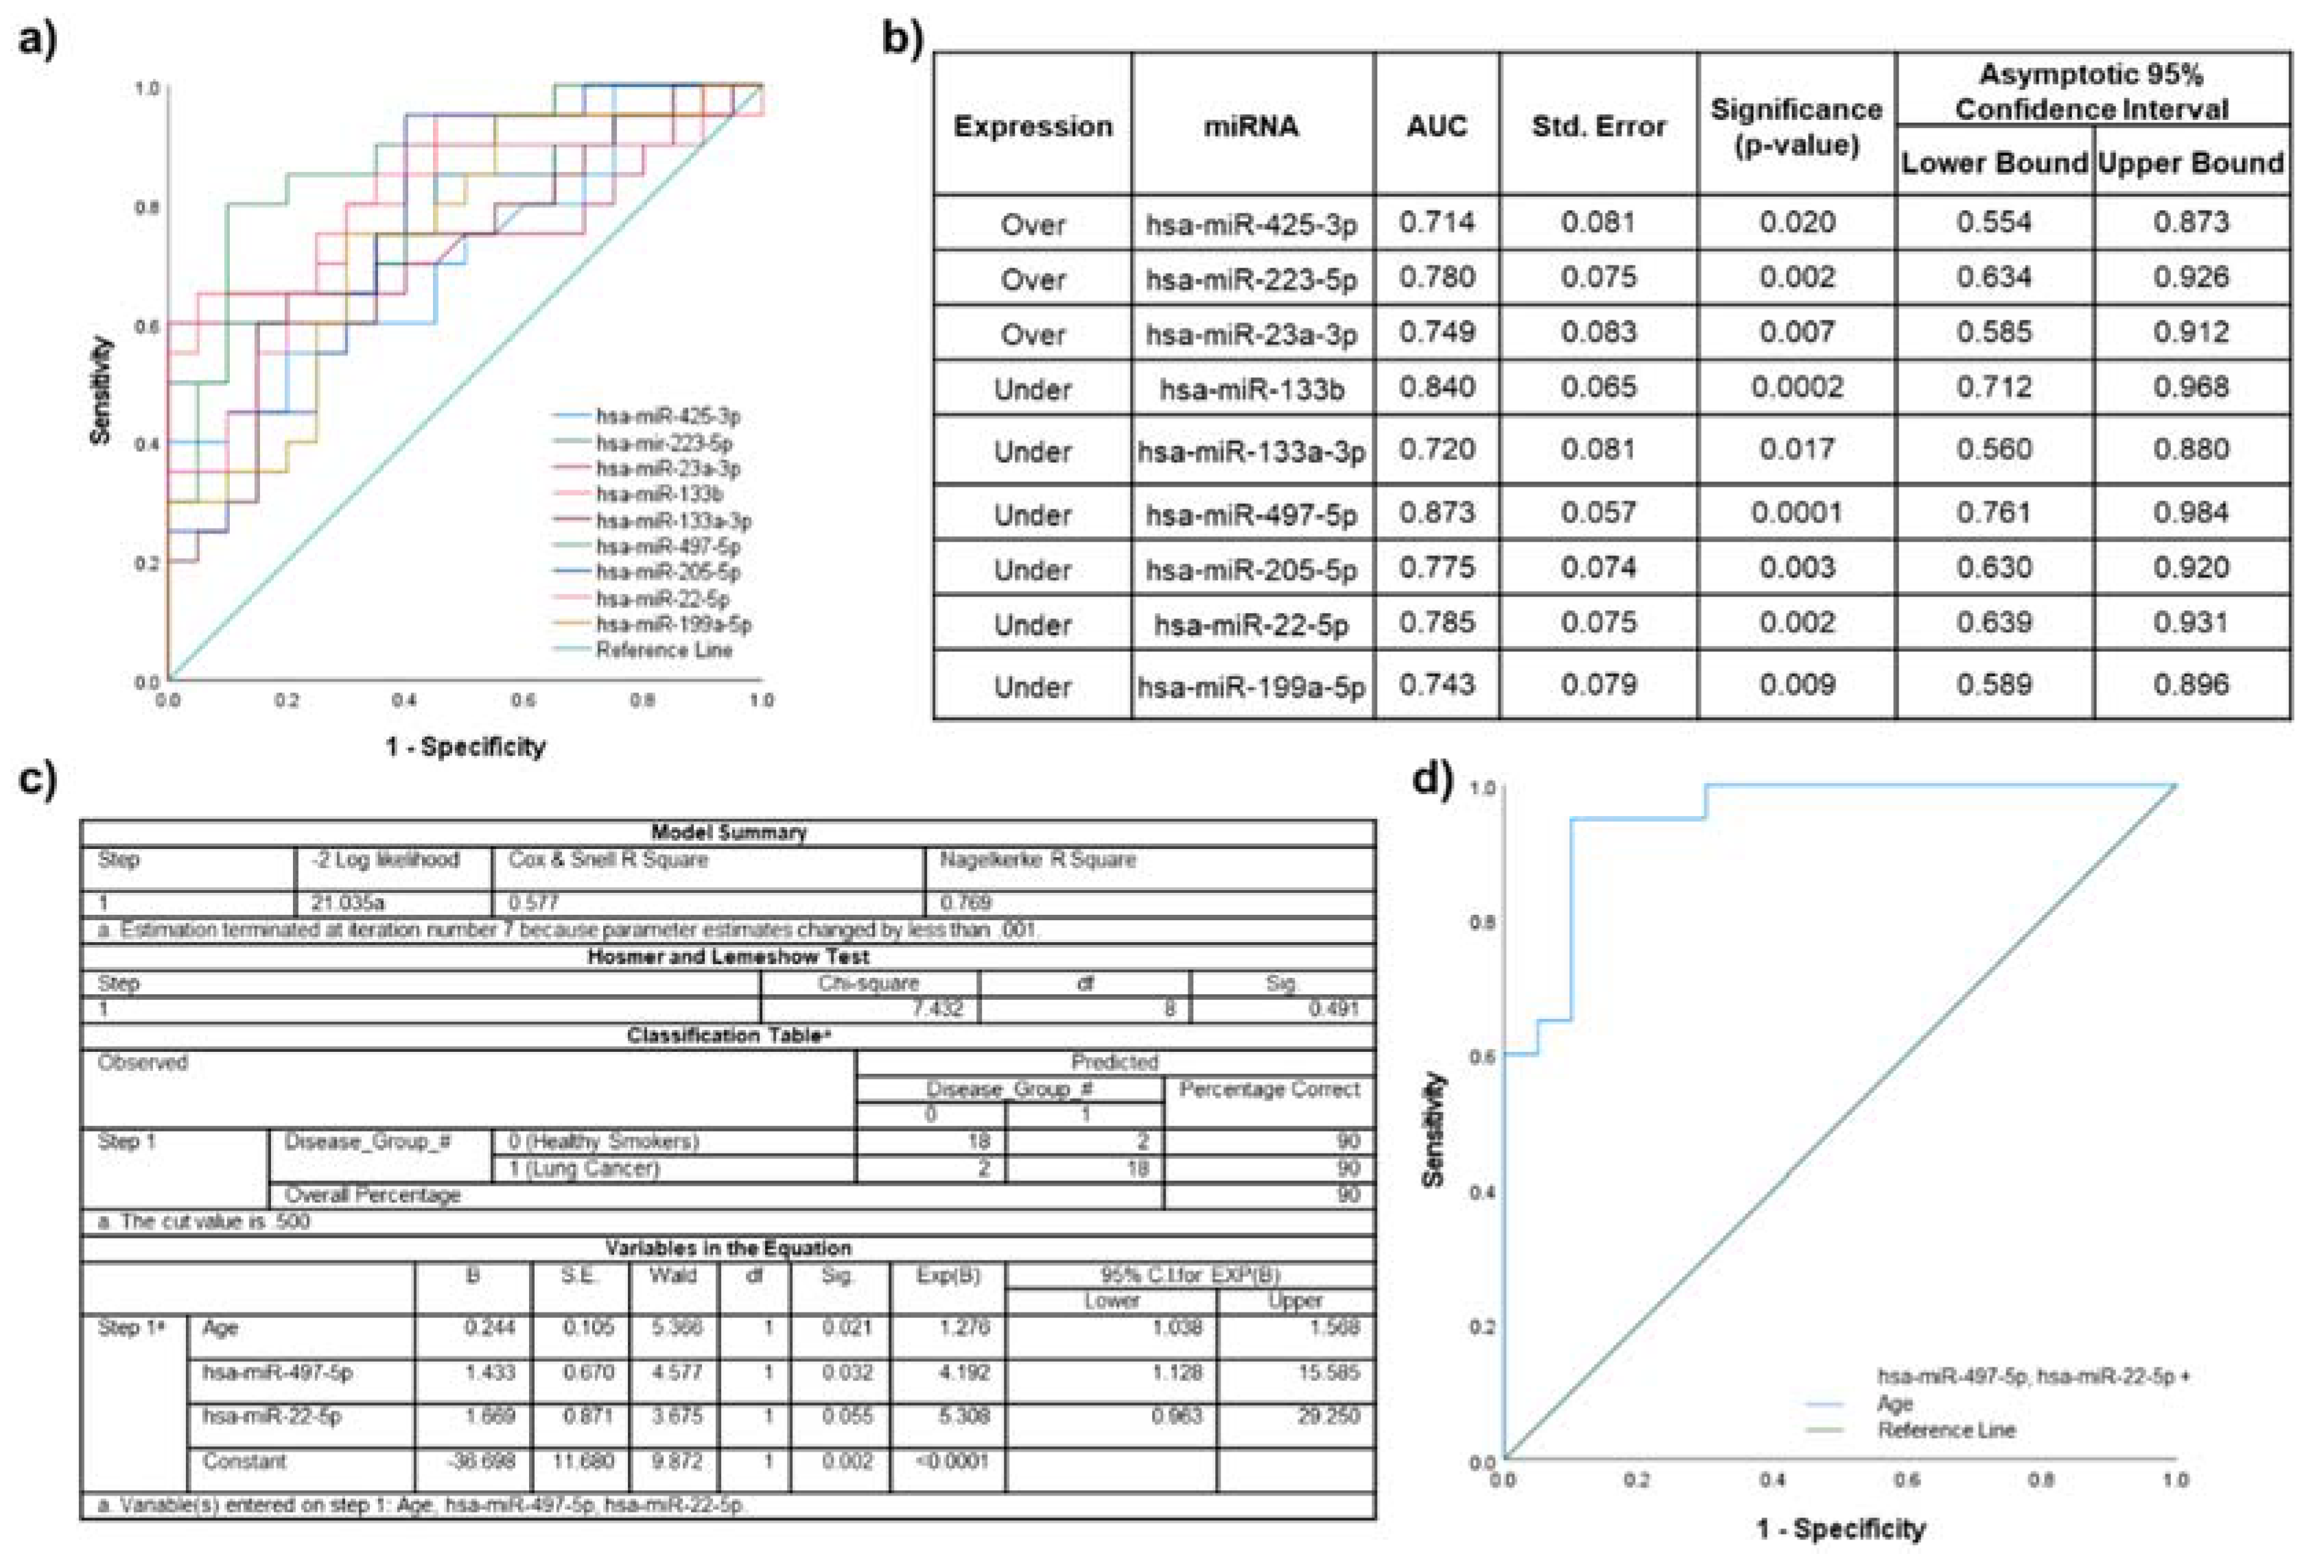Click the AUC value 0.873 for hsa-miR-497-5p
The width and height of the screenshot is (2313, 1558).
[1436, 513]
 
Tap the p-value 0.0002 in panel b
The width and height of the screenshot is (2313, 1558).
[1796, 387]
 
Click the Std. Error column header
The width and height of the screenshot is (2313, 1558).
[1597, 126]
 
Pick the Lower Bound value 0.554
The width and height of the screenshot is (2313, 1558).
[1993, 223]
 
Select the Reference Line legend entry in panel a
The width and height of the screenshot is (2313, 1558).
[663, 650]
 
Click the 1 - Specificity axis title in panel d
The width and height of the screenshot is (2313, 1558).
[1840, 1529]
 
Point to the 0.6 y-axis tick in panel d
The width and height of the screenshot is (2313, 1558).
[1482, 1056]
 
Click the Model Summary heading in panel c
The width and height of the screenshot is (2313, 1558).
[729, 832]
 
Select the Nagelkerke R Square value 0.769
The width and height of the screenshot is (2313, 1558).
[965, 902]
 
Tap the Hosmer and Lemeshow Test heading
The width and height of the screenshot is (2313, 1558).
[729, 957]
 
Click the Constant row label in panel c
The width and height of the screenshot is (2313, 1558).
[244, 1461]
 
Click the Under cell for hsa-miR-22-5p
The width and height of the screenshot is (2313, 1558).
[1033, 624]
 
